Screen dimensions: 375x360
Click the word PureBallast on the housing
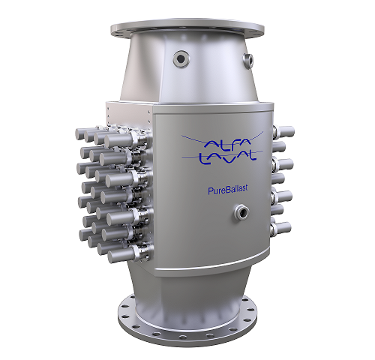(228, 190)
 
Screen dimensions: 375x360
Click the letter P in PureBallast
(210, 190)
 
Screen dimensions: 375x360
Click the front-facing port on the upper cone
(181, 59)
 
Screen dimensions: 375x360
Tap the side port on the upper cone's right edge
(248, 60)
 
